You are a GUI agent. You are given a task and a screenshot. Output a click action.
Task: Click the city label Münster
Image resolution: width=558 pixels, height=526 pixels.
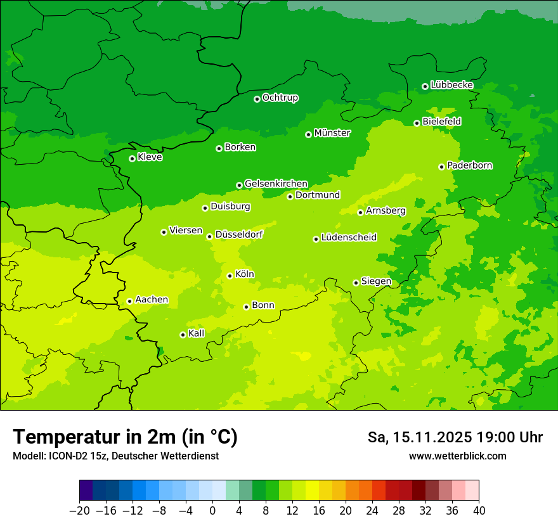332,133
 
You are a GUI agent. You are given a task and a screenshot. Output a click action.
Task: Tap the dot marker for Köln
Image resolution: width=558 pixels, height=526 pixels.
230,276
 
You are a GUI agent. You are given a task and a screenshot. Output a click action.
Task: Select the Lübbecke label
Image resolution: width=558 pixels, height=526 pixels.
451,85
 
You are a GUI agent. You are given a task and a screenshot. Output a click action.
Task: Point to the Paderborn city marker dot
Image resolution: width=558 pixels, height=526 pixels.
441,167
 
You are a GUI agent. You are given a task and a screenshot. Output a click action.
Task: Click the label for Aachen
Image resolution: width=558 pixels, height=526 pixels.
152,300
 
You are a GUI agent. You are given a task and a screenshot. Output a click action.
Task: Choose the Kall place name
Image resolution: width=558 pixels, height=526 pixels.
197,333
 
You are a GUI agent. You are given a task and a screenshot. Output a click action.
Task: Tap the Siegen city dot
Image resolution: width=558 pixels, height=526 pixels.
356,283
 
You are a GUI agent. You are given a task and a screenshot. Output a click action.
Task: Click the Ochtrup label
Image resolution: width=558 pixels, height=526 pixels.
280,98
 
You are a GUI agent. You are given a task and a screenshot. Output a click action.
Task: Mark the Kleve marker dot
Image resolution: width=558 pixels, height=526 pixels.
132,158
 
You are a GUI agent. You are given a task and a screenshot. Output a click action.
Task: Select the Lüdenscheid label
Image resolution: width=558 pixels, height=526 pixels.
349,238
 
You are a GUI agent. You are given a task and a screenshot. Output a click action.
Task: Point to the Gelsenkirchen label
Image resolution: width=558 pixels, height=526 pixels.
276,184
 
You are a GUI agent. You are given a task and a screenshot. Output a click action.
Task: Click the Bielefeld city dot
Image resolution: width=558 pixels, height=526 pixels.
417,123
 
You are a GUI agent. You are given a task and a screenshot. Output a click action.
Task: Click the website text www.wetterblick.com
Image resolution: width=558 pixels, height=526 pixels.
457,456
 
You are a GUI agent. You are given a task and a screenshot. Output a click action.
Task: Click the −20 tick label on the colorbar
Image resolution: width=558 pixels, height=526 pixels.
79,511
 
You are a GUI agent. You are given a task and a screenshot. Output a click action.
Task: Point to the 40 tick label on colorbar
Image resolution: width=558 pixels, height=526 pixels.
479,511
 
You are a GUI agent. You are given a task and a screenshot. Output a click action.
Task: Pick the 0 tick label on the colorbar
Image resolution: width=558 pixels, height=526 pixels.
212,511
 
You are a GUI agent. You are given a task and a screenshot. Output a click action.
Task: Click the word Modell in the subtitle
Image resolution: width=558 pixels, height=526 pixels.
27,456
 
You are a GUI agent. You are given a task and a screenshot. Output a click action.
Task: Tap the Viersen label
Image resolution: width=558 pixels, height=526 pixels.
185,231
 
